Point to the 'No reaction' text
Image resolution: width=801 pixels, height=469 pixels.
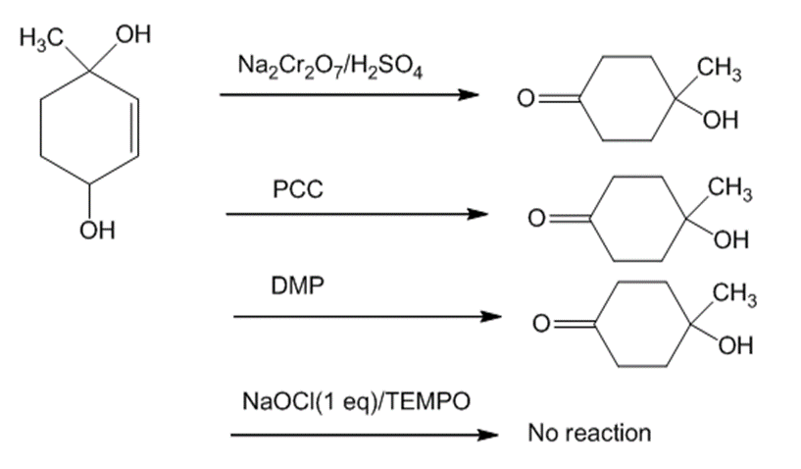pos(588,433)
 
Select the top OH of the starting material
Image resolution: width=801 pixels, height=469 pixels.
pos(132,39)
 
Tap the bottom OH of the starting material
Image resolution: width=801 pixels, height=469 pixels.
pos(99,232)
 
